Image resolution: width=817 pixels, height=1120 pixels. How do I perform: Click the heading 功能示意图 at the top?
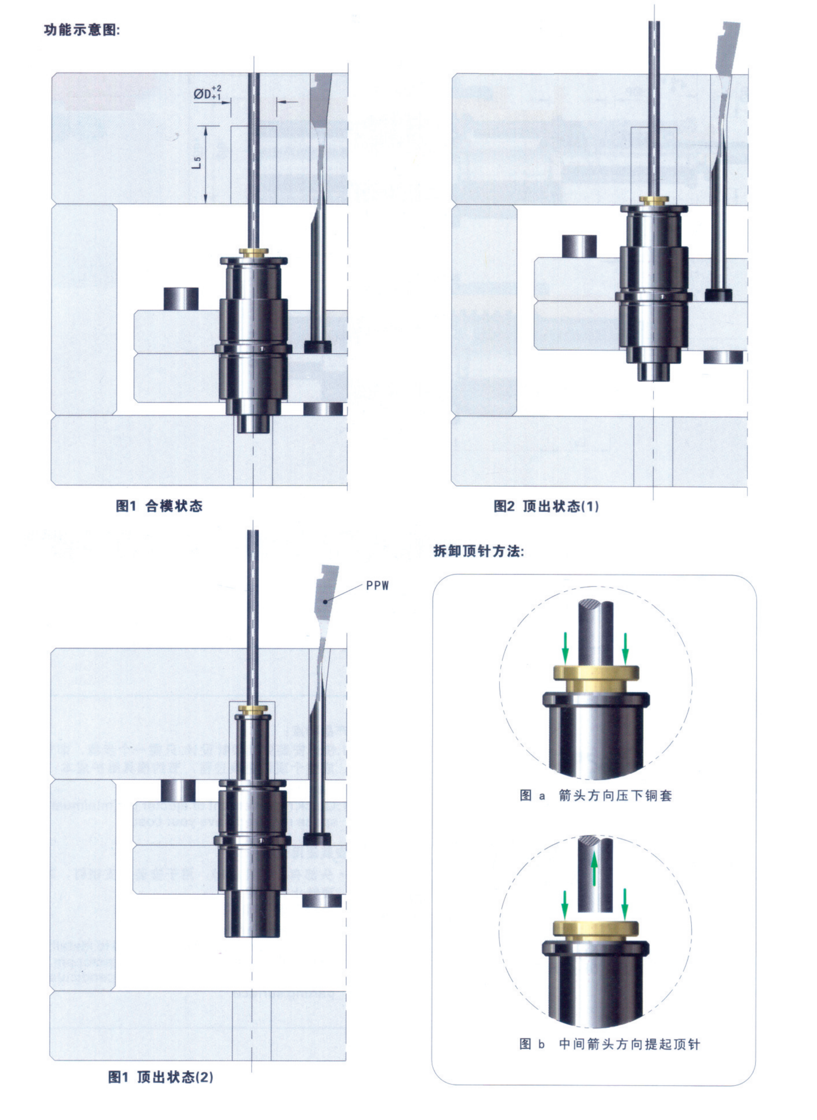[x=82, y=30]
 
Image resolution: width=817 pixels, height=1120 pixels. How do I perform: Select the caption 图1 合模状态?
[x=159, y=506]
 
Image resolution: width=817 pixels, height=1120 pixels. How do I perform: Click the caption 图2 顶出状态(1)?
[x=546, y=506]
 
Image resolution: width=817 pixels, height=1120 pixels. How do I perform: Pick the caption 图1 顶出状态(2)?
[x=161, y=1077]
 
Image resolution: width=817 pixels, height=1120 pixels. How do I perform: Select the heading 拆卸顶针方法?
[x=478, y=551]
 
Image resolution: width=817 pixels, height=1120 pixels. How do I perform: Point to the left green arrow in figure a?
[x=565, y=648]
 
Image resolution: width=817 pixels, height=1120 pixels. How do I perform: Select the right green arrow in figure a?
[x=625, y=648]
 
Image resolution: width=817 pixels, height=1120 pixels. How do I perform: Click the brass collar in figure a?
[x=596, y=678]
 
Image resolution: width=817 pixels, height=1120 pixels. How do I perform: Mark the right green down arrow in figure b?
[x=625, y=904]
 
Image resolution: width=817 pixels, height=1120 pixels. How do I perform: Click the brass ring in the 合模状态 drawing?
[x=254, y=252]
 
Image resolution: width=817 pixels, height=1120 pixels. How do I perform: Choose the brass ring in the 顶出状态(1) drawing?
[x=654, y=200]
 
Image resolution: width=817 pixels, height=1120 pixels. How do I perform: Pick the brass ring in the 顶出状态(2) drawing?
[x=253, y=709]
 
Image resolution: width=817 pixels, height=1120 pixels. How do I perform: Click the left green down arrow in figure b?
[x=565, y=904]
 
